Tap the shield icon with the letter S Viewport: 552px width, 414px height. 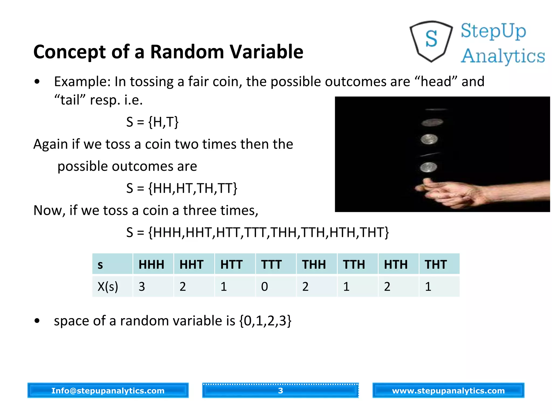[431, 41]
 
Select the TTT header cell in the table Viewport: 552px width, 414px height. [272, 264]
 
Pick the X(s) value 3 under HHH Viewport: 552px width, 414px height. [142, 287]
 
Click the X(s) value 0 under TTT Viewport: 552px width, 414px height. [265, 287]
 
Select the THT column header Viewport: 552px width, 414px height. [436, 264]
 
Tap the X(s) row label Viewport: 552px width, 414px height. [108, 287]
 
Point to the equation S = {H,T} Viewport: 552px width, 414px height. [153, 122]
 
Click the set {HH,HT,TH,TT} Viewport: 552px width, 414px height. [193, 188]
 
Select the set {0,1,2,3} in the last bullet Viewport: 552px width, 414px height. [265, 321]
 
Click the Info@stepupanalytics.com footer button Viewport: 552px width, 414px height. [108, 391]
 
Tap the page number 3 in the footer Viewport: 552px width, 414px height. [281, 391]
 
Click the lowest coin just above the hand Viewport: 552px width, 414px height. [429, 167]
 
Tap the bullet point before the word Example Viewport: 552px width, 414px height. [37, 82]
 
